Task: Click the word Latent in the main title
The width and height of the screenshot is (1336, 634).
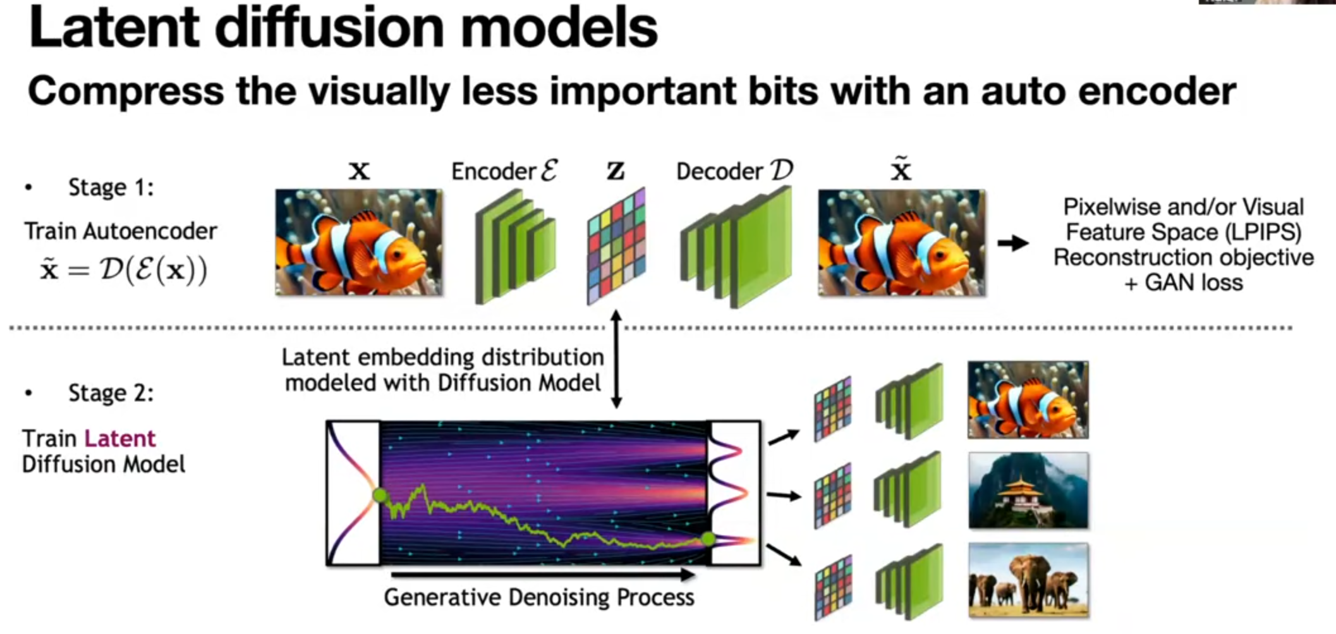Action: tap(114, 28)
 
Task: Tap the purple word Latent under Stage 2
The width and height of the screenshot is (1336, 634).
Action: tap(120, 438)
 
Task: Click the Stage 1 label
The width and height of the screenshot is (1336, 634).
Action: tap(111, 187)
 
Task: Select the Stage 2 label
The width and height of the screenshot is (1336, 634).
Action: tap(111, 393)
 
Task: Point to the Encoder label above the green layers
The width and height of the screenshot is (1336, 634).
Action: tap(504, 171)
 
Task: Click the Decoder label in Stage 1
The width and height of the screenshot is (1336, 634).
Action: tap(734, 171)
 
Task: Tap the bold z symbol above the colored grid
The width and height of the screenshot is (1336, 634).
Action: tap(616, 171)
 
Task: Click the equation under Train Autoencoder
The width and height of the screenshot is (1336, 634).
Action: tap(124, 271)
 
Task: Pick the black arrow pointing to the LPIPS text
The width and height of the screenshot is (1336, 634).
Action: tap(1013, 243)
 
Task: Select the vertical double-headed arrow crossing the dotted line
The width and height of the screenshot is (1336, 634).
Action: tap(616, 358)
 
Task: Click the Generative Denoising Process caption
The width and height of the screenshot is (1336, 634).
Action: tap(539, 597)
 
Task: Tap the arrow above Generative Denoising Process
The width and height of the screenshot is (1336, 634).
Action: tap(543, 575)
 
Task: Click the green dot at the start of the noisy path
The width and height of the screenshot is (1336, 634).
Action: tap(380, 495)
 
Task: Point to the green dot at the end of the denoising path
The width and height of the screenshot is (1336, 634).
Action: tap(708, 539)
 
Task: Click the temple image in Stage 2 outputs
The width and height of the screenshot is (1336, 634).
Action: tap(1028, 491)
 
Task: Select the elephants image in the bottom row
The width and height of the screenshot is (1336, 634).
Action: tap(1028, 580)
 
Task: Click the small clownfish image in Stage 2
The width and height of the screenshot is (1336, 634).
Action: tap(1028, 399)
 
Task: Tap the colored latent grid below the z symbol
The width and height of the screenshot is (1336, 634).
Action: tap(616, 246)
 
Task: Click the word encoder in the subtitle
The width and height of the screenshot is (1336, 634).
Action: tap(1157, 91)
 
